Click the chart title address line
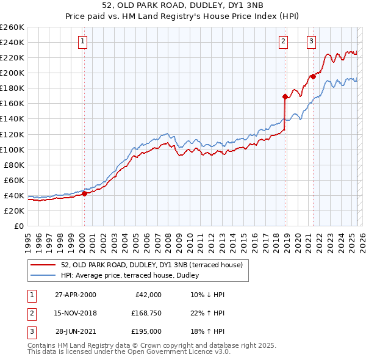click(182, 6)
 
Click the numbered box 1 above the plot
click(82, 41)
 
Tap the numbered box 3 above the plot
click(311, 41)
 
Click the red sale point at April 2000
click(85, 193)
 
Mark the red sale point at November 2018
click(285, 96)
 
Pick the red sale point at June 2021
click(313, 76)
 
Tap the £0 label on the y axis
click(18, 226)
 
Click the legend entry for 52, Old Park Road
click(152, 265)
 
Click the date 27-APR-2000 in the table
click(76, 295)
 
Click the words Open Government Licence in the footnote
click(184, 352)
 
